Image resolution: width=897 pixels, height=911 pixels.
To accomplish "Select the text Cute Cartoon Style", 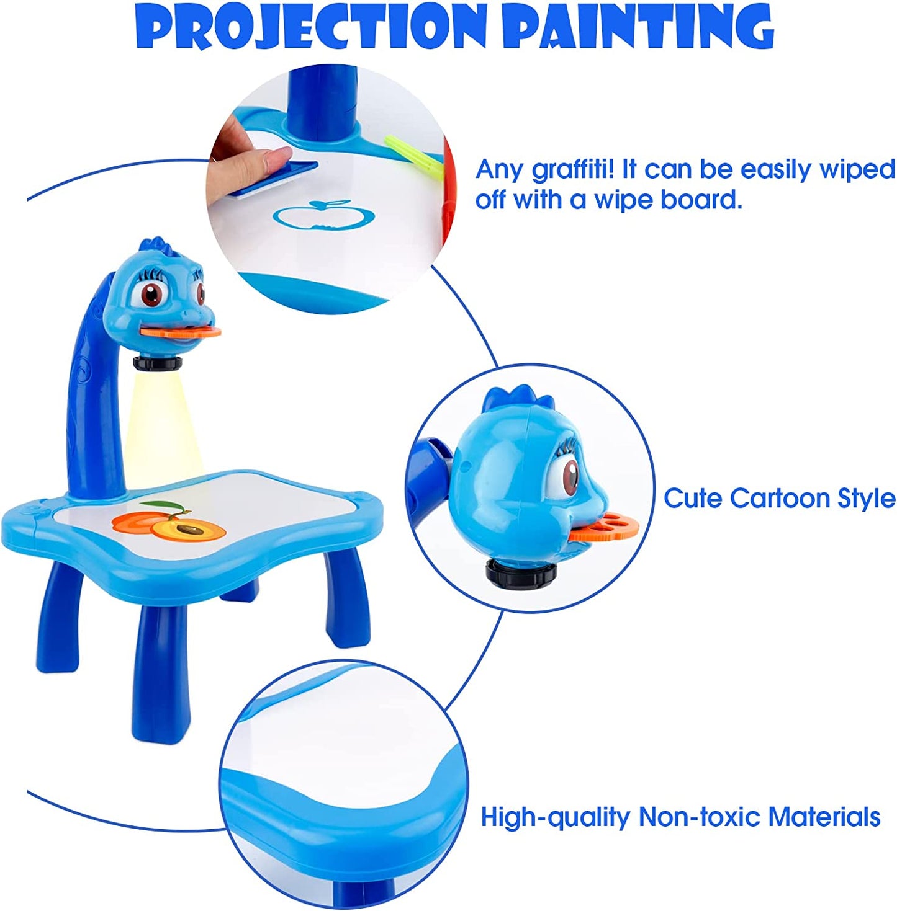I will [x=779, y=498].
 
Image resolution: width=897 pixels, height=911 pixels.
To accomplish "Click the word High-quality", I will [x=555, y=817].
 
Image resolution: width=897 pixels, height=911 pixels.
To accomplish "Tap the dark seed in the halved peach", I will [x=190, y=529].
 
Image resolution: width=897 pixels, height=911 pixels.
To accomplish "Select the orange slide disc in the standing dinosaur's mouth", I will [x=181, y=333].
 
